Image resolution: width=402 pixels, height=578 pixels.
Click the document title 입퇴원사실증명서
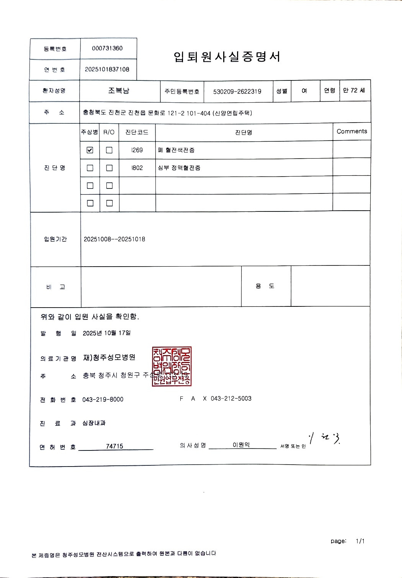click(227, 57)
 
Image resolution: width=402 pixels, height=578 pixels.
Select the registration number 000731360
click(107, 48)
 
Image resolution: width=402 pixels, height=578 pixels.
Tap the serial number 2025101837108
click(107, 69)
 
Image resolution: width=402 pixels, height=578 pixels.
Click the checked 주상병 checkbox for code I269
click(90, 150)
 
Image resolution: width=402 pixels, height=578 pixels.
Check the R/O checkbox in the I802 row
click(109, 168)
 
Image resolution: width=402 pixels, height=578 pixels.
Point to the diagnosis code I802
click(137, 168)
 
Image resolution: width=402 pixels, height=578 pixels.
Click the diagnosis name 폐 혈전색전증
click(176, 150)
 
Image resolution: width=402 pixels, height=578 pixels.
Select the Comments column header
click(351, 131)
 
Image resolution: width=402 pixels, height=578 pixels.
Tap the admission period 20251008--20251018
click(114, 239)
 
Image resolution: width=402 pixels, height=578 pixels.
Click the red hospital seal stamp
click(172, 367)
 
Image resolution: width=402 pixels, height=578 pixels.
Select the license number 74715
click(114, 446)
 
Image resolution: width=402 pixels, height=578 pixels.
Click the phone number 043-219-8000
click(103, 400)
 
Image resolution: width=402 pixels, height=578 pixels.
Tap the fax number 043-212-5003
click(231, 399)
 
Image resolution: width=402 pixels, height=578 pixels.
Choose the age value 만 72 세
click(354, 90)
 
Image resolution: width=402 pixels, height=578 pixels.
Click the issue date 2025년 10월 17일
click(106, 333)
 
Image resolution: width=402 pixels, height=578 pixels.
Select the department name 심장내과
click(94, 423)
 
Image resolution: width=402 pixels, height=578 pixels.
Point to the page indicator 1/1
click(360, 541)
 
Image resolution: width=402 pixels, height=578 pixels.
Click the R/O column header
click(109, 132)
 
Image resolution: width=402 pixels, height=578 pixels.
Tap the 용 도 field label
click(265, 286)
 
